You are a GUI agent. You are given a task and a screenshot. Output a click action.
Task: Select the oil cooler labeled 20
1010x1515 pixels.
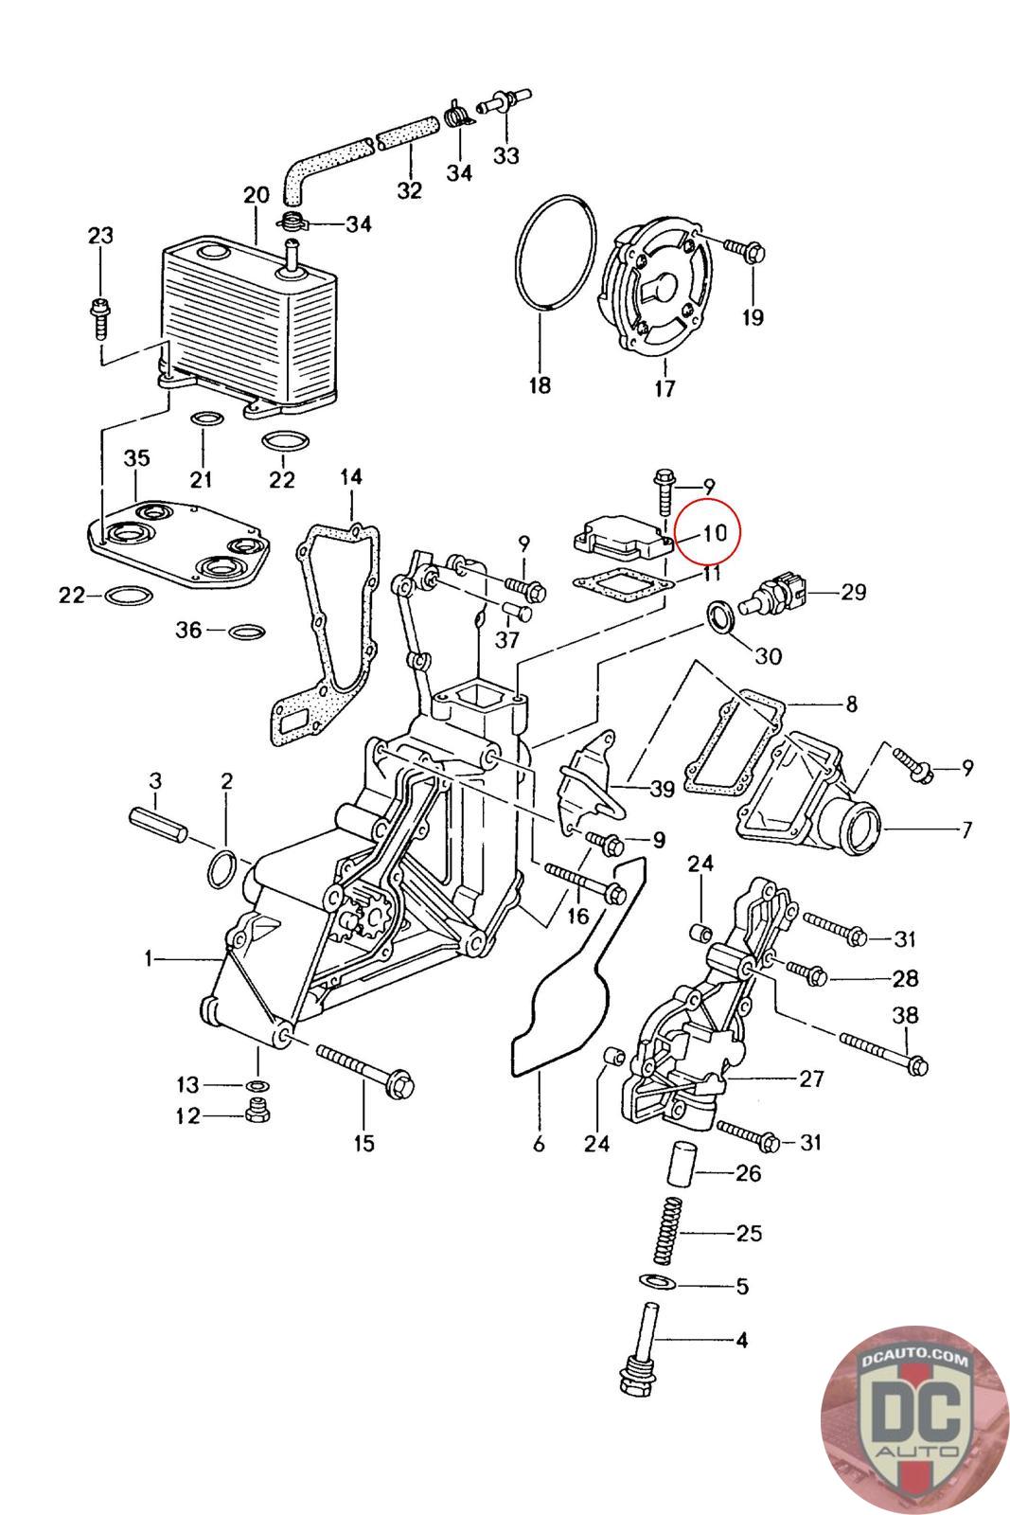pyautogui.click(x=248, y=322)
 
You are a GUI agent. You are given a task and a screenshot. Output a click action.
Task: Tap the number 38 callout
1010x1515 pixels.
pyautogui.click(x=905, y=1015)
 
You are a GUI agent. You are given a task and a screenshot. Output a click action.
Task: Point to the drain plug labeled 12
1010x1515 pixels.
pyautogui.click(x=253, y=1113)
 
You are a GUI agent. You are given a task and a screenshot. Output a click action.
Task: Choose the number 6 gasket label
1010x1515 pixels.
pyautogui.click(x=539, y=1144)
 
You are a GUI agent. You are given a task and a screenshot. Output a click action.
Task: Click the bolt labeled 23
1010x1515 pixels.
pyautogui.click(x=100, y=314)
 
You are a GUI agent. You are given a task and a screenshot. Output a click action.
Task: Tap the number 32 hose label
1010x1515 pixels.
pyautogui.click(x=409, y=189)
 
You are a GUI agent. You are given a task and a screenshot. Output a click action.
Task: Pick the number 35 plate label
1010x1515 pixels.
pyautogui.click(x=137, y=458)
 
